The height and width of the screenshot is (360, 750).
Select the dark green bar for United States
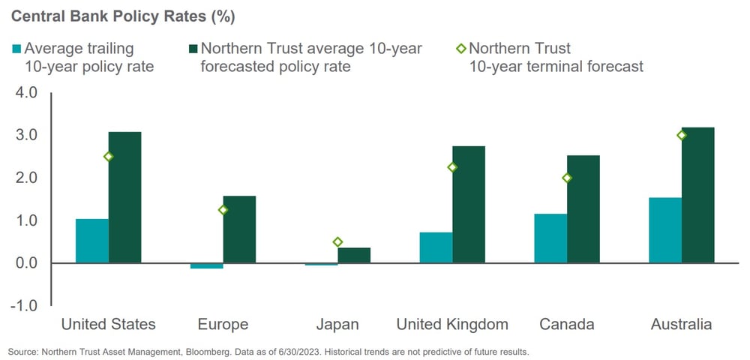[x=124, y=197]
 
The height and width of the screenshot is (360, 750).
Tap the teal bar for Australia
[x=665, y=230]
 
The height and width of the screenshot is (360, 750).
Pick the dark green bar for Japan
[x=354, y=255]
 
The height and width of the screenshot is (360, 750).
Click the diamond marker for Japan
[x=337, y=242]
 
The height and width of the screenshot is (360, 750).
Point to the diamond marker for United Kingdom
[x=452, y=167]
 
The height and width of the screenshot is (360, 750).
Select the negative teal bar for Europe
[x=207, y=265]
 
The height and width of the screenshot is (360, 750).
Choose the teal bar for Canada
[x=550, y=238]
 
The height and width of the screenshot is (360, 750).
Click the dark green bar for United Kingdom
[x=469, y=205]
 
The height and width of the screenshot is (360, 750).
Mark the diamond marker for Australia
[x=682, y=135]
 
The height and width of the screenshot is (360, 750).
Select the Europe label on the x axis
[x=223, y=325]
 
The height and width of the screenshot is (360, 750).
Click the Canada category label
[x=567, y=325]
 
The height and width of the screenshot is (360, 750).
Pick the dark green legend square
[x=193, y=49]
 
